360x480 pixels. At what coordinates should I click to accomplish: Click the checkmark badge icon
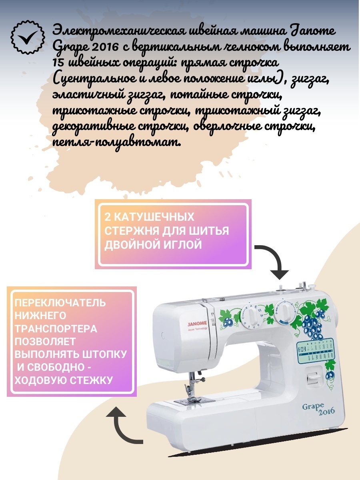28,37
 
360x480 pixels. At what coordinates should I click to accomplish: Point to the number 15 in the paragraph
58,63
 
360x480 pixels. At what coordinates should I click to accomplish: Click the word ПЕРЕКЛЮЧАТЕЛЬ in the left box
60,303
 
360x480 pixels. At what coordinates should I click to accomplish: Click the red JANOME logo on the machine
197,323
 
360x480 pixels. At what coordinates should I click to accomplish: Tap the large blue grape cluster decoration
312,322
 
